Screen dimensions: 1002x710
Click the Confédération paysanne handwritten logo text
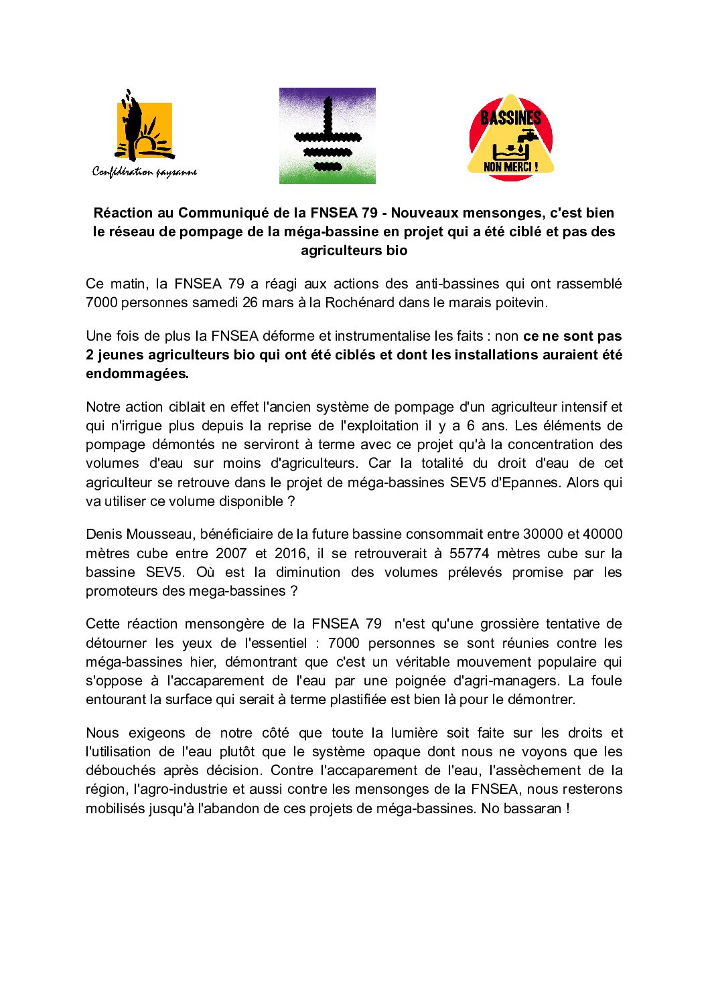pos(145,172)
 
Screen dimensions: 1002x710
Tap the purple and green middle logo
pos(327,135)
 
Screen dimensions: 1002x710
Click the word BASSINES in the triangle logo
pos(510,118)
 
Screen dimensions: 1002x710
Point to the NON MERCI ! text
pos(510,167)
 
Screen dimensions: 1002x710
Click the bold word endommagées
pos(137,373)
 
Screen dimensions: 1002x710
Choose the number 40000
pos(602,534)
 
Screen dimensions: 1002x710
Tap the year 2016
pos(290,554)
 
